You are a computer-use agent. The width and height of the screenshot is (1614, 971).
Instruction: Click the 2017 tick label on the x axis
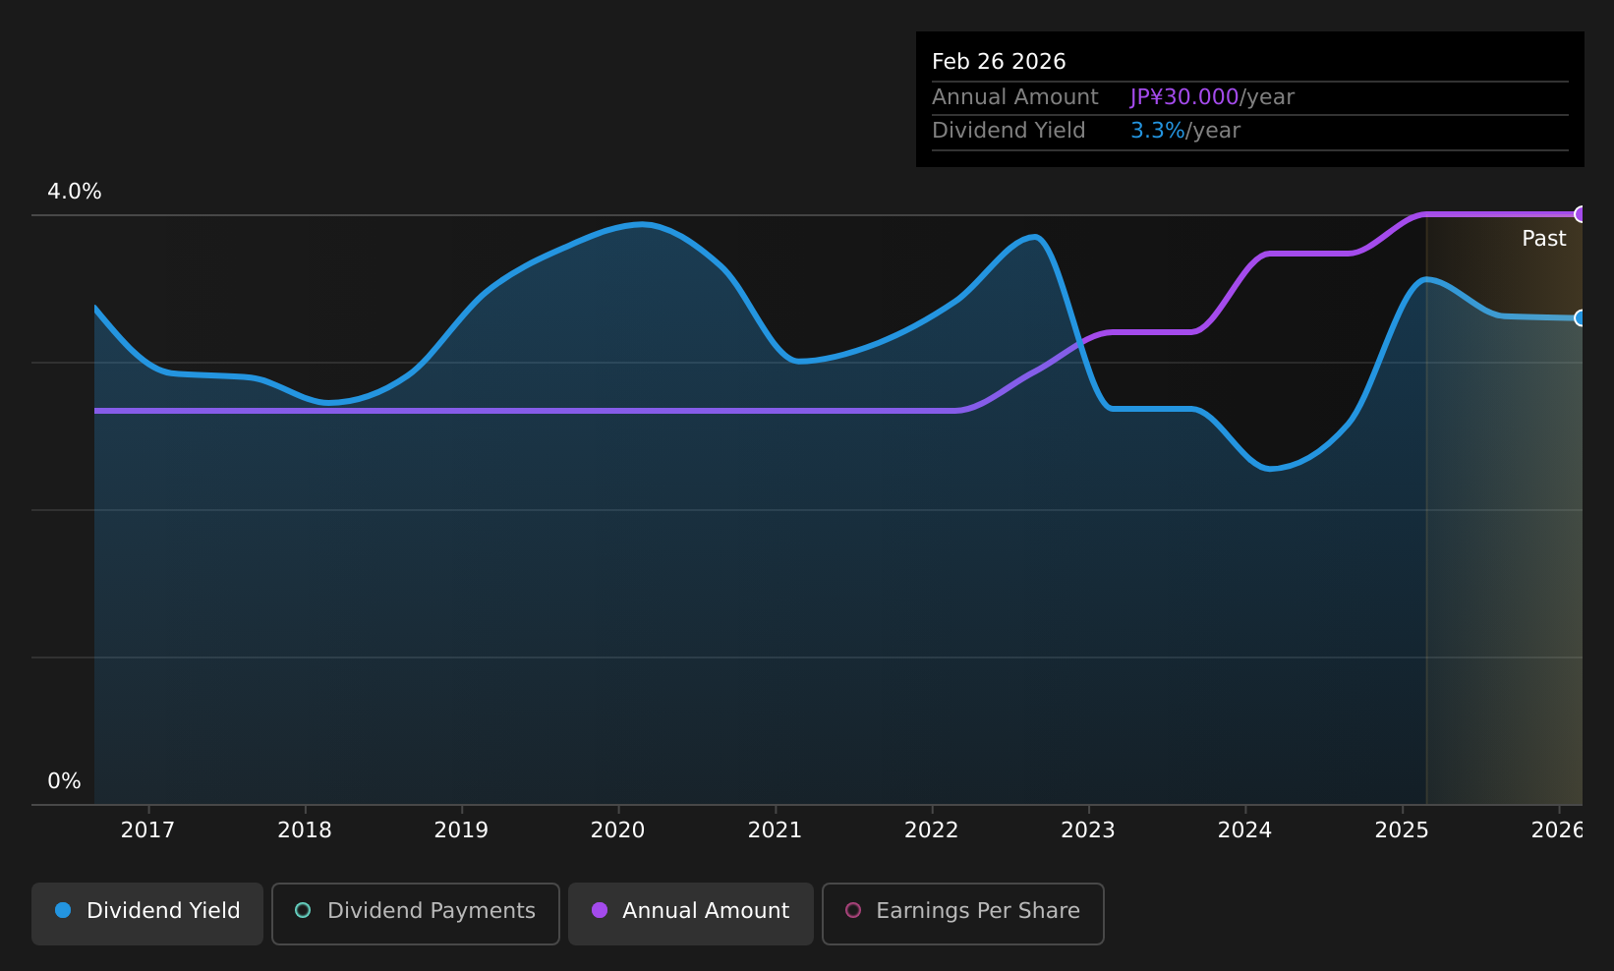click(147, 830)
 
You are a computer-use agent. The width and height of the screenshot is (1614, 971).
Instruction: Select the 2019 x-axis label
click(461, 830)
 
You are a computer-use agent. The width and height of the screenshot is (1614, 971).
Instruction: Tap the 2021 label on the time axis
click(775, 830)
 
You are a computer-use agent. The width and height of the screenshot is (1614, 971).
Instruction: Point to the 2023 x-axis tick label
click(1088, 830)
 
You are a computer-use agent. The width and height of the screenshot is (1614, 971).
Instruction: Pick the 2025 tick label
click(1402, 830)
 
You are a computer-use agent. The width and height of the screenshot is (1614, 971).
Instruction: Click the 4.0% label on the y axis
click(75, 192)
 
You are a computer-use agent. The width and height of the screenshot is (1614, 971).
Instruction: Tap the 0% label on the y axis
click(64, 781)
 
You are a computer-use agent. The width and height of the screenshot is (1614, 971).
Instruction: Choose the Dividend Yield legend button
click(147, 913)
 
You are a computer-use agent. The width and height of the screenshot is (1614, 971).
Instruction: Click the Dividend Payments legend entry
click(416, 913)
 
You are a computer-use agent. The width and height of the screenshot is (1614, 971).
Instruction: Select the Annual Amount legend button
click(691, 913)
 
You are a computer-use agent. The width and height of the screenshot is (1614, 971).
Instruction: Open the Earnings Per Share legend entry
click(963, 913)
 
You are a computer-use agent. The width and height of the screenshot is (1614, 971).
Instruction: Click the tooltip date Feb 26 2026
click(999, 62)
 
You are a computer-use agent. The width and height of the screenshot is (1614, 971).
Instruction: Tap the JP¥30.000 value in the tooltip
click(1184, 97)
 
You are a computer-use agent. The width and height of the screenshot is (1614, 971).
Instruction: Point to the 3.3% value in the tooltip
click(1157, 131)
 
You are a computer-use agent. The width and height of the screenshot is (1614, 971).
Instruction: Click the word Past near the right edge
click(1544, 239)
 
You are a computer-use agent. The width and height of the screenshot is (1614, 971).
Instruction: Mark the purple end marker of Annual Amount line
click(1581, 214)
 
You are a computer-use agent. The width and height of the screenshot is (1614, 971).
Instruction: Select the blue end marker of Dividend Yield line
click(1581, 317)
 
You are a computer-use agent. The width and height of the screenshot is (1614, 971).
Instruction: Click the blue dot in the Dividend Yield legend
click(64, 910)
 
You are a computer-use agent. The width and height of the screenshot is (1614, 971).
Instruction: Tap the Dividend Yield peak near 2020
click(641, 225)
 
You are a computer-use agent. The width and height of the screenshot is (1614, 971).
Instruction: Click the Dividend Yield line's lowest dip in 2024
click(1270, 469)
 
